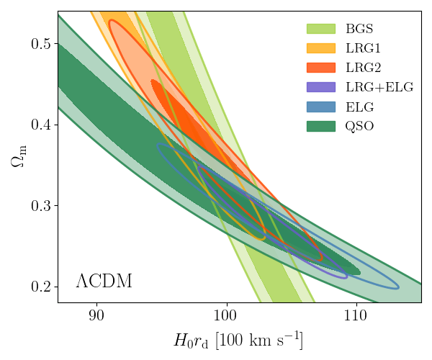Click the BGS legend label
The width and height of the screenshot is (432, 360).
359,30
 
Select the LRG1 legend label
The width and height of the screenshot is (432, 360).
362,49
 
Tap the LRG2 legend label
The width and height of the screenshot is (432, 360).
362,68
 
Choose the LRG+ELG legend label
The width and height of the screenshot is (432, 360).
378,88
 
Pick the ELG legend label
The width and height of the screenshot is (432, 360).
359,107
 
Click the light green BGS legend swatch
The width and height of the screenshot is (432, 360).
321,30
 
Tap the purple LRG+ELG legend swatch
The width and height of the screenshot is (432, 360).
321,88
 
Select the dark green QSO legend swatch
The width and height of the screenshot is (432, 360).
321,127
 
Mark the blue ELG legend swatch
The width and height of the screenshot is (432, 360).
321,107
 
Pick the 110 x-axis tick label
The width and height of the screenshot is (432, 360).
356,315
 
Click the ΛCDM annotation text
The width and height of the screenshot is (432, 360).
104,281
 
